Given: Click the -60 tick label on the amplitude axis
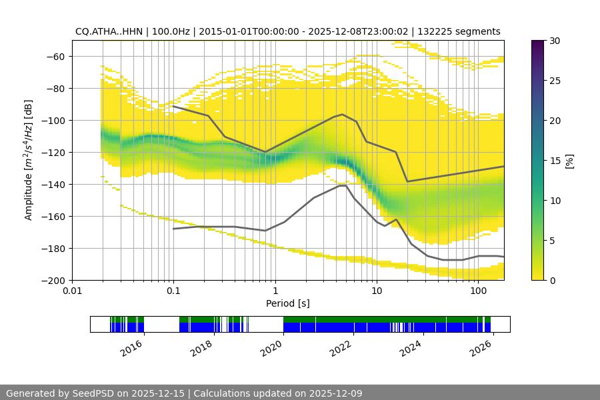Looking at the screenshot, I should pos(53,56).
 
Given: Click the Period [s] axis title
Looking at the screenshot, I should pos(288,304).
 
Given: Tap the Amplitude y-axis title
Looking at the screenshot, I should pos(28,160).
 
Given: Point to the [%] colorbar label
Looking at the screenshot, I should pos(569,161).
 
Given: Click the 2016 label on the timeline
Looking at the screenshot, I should pos(132,347).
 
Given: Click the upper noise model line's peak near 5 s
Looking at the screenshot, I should pos(343,114).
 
